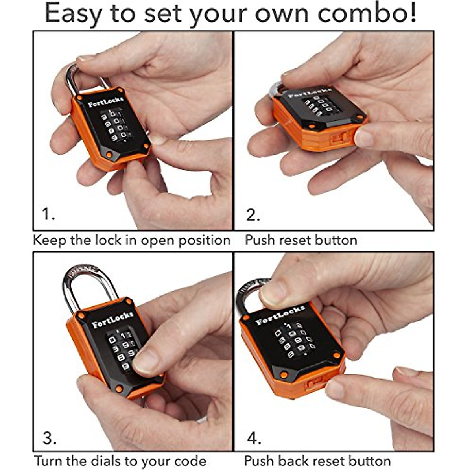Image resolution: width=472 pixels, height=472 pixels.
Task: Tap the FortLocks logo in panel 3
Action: coord(112,319)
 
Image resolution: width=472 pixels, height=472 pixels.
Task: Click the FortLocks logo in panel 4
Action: coord(280,315)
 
